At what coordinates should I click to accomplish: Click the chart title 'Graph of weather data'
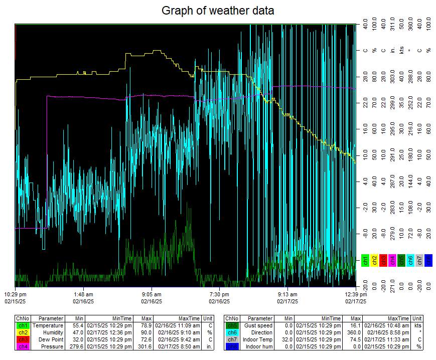click(x=218, y=10)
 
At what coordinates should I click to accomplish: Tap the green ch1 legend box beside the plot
click(x=365, y=260)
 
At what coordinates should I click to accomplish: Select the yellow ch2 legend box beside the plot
click(x=374, y=260)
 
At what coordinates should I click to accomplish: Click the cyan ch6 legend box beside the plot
click(x=410, y=260)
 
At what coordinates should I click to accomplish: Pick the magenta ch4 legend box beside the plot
click(x=392, y=260)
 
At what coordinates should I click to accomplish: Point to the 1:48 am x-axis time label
click(x=83, y=294)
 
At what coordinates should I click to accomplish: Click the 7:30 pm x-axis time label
click(x=219, y=294)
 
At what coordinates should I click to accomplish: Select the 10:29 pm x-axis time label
click(x=15, y=294)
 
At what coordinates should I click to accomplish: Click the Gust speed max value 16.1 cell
click(x=355, y=325)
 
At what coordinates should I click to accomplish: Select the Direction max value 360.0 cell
click(x=354, y=332)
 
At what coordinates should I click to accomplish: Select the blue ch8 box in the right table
click(x=231, y=346)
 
